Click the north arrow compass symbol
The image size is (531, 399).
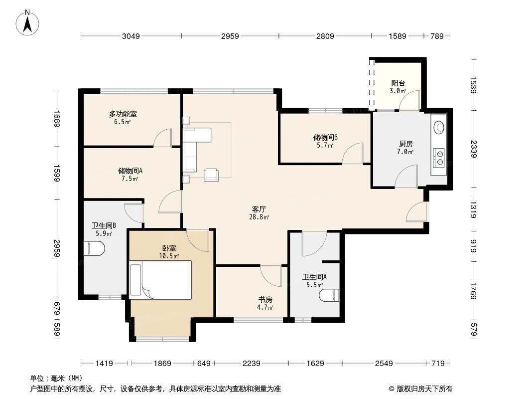click(x=28, y=22)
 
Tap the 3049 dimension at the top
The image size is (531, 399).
click(x=131, y=36)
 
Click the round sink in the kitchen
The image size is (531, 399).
click(x=439, y=127)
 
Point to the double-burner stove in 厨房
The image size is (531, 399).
click(x=440, y=157)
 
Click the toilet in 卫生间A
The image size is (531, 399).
click(x=330, y=295)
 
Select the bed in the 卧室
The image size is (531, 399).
click(x=160, y=281)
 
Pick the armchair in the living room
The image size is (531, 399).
click(x=211, y=174)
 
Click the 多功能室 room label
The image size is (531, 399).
click(x=123, y=118)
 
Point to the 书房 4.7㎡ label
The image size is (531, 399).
click(x=265, y=303)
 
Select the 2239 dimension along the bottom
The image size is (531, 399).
click(x=252, y=364)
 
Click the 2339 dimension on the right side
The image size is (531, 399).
click(x=474, y=149)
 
